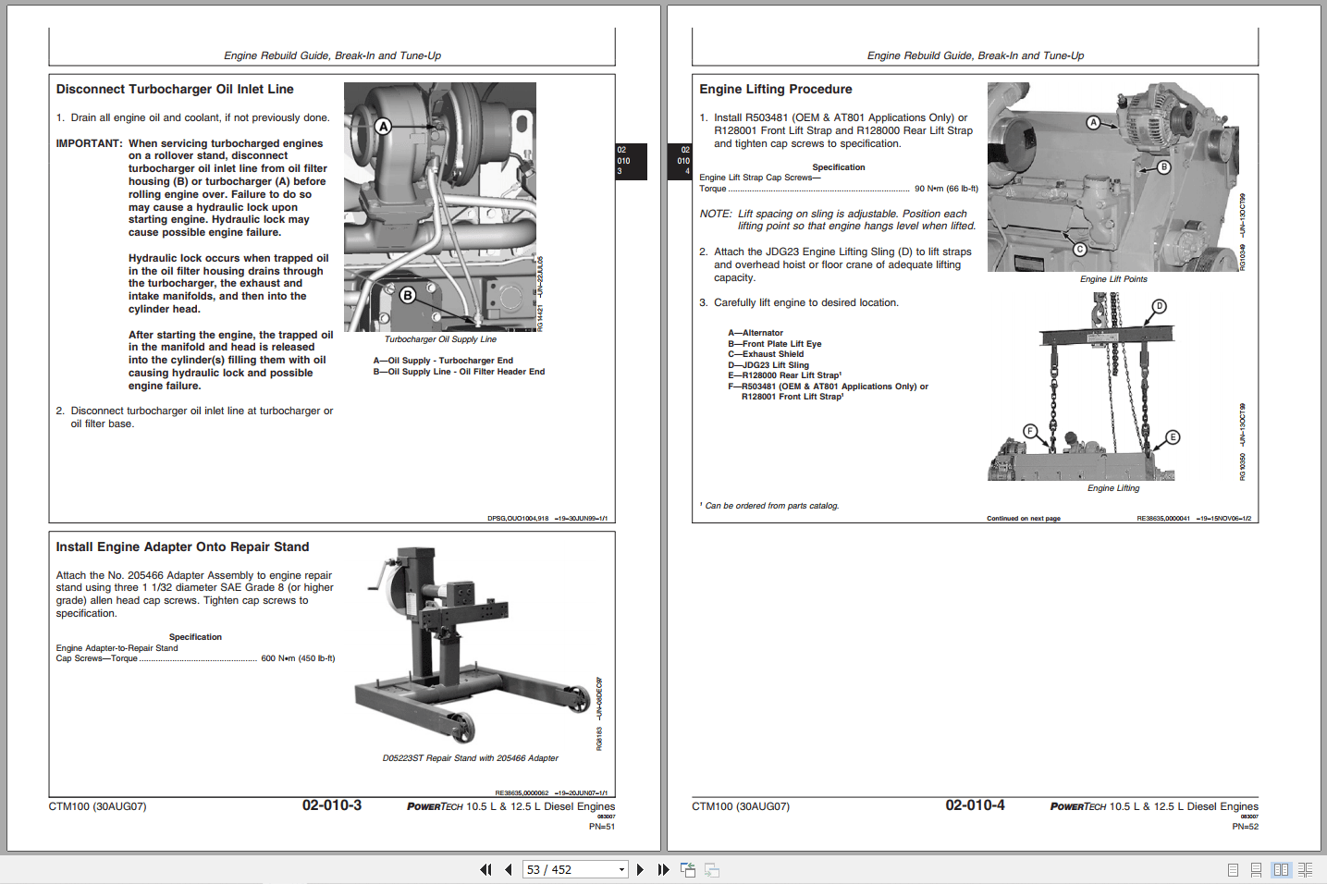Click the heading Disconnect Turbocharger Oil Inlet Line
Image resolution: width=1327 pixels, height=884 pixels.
click(x=175, y=90)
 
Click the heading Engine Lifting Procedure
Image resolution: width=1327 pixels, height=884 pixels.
click(x=775, y=90)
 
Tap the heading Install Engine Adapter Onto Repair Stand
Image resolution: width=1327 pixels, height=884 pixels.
click(x=182, y=547)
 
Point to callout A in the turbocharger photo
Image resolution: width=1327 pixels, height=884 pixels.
click(x=383, y=127)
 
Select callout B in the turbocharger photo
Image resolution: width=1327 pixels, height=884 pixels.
click(x=408, y=295)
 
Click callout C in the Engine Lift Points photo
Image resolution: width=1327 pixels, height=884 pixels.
click(x=1079, y=249)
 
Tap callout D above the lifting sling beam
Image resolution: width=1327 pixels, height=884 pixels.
click(x=1159, y=306)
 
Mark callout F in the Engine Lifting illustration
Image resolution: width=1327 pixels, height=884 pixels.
click(x=1029, y=431)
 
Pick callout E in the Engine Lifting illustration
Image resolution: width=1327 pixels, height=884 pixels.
click(x=1173, y=437)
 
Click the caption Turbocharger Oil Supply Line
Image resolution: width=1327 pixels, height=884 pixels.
click(x=440, y=339)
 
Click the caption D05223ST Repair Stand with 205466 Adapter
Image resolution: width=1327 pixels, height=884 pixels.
click(x=470, y=758)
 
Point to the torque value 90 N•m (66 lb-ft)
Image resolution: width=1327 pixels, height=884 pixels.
click(x=946, y=189)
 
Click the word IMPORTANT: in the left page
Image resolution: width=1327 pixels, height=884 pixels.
click(x=89, y=143)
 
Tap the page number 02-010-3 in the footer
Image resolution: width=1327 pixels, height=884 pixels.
click(x=331, y=805)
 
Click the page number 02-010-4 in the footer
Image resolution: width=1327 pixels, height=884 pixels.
click(x=975, y=805)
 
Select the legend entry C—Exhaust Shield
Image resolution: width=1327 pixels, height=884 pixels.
click(x=766, y=354)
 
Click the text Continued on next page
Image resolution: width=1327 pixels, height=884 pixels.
click(x=1023, y=519)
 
